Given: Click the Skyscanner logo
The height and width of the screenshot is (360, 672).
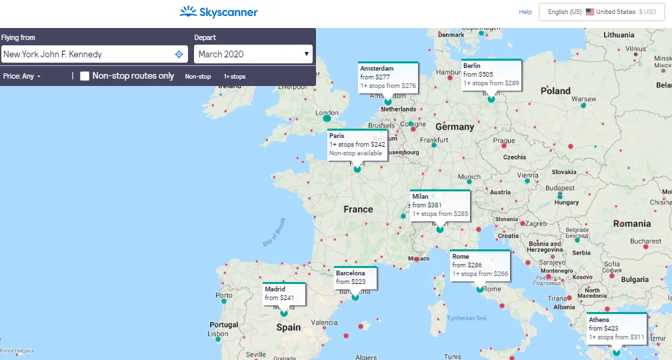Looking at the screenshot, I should (x=219, y=12).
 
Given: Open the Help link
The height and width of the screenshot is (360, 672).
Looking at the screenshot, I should (x=525, y=12).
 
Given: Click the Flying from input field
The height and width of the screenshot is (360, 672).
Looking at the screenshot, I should (x=87, y=54).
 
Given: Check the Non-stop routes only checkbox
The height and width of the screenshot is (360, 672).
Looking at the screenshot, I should (x=85, y=76).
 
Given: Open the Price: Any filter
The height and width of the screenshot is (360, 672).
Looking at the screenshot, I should (x=22, y=77).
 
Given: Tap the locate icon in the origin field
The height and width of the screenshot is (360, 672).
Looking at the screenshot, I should (x=179, y=54).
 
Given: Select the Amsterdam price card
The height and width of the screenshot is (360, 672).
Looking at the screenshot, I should (x=388, y=77).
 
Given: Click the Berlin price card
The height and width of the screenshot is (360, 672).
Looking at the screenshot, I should (x=491, y=75).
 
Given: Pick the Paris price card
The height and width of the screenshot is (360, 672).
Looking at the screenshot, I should (x=357, y=144).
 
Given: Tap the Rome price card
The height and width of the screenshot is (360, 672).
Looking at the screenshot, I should (x=480, y=265).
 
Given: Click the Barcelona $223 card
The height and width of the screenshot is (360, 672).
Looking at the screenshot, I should (x=355, y=278).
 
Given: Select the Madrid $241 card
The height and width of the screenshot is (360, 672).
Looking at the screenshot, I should (x=284, y=293).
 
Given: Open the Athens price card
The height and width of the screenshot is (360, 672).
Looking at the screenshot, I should (x=616, y=329).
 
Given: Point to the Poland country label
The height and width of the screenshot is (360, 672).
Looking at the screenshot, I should (x=555, y=91).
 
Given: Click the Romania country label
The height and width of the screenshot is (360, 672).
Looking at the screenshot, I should (x=632, y=223).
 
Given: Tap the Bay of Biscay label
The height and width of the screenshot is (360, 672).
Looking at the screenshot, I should (x=274, y=233).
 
